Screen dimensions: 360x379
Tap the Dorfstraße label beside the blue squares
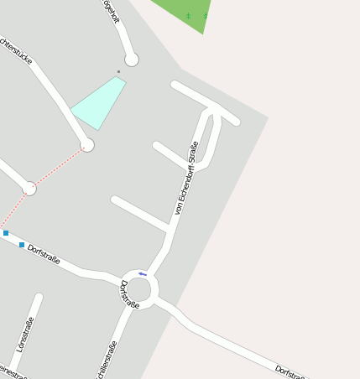point(44,253)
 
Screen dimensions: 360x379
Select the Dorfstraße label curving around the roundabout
point(129,295)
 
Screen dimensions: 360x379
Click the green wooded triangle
point(190,13)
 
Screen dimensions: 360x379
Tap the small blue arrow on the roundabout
point(143,273)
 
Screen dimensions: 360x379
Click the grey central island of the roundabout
point(139,290)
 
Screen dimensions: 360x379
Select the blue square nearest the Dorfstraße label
point(22,245)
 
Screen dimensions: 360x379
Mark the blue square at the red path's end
point(6,233)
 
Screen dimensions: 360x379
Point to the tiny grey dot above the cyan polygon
point(118,72)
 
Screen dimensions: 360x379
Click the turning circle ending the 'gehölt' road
point(132,60)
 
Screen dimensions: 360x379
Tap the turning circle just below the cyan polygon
point(87,145)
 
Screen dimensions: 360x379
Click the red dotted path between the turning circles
point(58,167)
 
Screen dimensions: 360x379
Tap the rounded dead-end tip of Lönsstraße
point(39,297)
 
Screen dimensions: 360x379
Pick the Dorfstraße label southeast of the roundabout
point(292,372)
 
